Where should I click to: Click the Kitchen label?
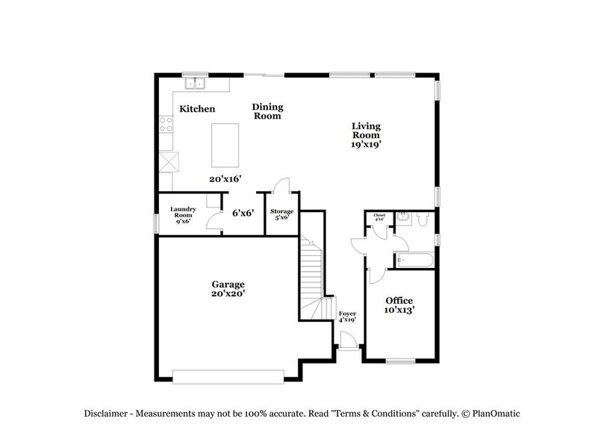(197, 109)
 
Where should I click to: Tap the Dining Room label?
(267, 111)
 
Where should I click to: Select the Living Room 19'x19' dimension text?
(367, 145)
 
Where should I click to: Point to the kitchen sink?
(196, 82)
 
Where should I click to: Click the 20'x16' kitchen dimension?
(225, 179)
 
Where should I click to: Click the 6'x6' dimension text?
(243, 213)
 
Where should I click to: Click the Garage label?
(228, 284)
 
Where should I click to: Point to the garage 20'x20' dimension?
(228, 294)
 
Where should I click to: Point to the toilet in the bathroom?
(423, 220)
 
